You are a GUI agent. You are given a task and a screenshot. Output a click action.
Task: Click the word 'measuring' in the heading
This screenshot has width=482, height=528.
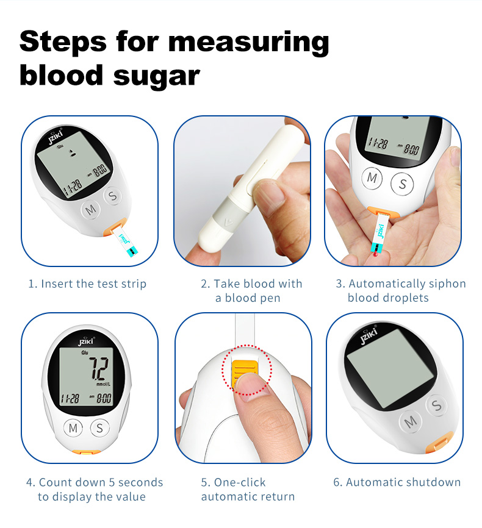click(248, 41)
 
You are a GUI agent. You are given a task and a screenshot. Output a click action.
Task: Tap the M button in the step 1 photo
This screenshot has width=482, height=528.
click(91, 210)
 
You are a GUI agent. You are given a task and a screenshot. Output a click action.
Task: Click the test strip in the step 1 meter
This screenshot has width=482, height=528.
click(126, 242)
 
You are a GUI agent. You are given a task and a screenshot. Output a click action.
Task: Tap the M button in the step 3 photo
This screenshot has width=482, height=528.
click(372, 178)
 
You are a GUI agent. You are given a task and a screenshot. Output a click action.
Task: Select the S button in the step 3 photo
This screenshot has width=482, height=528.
click(402, 184)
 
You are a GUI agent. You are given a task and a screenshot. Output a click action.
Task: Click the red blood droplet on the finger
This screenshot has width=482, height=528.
click(376, 254)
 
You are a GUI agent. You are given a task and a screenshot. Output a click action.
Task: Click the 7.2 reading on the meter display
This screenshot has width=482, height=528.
click(98, 368)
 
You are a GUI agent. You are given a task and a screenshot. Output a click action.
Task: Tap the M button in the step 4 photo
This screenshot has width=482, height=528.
click(73, 428)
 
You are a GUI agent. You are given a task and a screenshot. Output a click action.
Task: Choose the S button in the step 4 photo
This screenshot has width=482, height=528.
click(99, 428)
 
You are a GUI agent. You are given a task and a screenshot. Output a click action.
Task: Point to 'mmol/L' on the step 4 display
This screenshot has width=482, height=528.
click(103, 384)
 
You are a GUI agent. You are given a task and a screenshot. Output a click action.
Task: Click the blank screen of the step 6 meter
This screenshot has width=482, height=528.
click(390, 368)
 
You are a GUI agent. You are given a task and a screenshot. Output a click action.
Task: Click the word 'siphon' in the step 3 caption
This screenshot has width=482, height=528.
click(447, 284)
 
